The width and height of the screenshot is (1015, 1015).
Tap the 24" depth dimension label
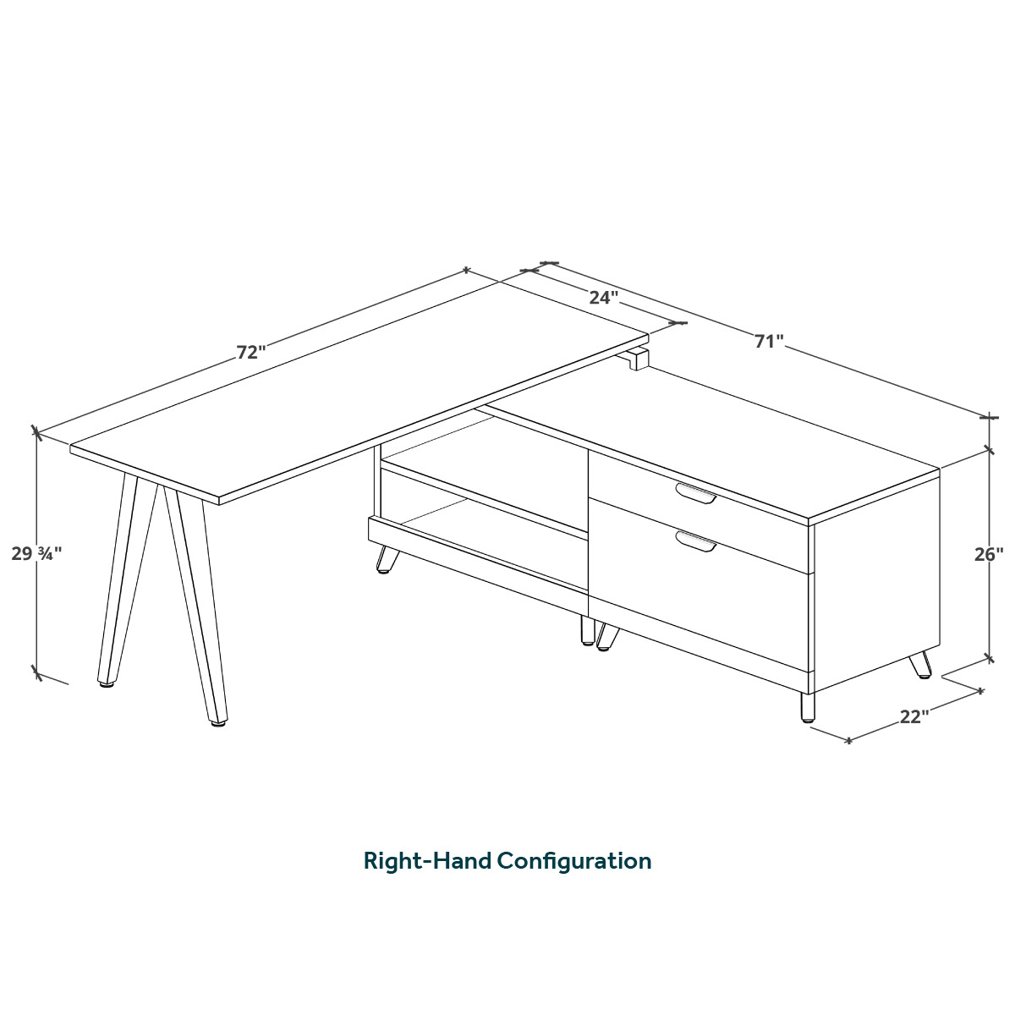[603, 298]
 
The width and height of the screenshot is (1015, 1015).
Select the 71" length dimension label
[770, 342]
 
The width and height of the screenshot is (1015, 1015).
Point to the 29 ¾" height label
[36, 553]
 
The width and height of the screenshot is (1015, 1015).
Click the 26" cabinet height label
[988, 554]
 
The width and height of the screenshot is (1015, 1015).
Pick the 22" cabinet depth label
[913, 716]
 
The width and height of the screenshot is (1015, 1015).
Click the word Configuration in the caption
[574, 861]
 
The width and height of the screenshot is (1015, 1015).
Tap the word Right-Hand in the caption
[427, 861]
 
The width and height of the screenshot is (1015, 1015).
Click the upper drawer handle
[696, 492]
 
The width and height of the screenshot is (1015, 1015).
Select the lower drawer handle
[696, 541]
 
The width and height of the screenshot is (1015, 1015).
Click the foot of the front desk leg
[218, 723]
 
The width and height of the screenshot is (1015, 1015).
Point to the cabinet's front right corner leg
[807, 707]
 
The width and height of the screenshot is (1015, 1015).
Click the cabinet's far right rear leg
[920, 665]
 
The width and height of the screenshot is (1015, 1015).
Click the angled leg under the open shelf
[386, 558]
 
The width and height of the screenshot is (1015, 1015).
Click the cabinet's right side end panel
[877, 580]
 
